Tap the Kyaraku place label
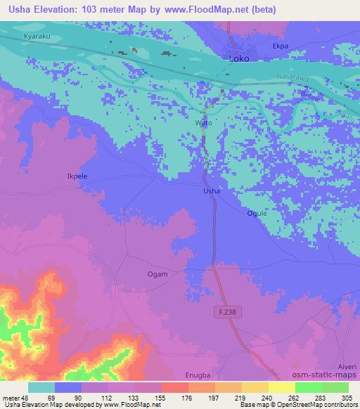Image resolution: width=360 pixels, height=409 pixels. [x=36, y=34]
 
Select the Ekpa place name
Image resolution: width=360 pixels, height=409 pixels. [x=281, y=46]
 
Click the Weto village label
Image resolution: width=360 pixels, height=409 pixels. [x=202, y=123]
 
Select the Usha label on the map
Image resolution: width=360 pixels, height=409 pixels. [x=212, y=191]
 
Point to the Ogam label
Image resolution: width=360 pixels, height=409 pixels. [x=157, y=274]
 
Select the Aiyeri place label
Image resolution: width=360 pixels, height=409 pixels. [x=348, y=367]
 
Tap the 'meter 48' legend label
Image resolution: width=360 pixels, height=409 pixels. [x=15, y=398]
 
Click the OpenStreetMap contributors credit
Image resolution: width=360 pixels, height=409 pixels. [x=317, y=405]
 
